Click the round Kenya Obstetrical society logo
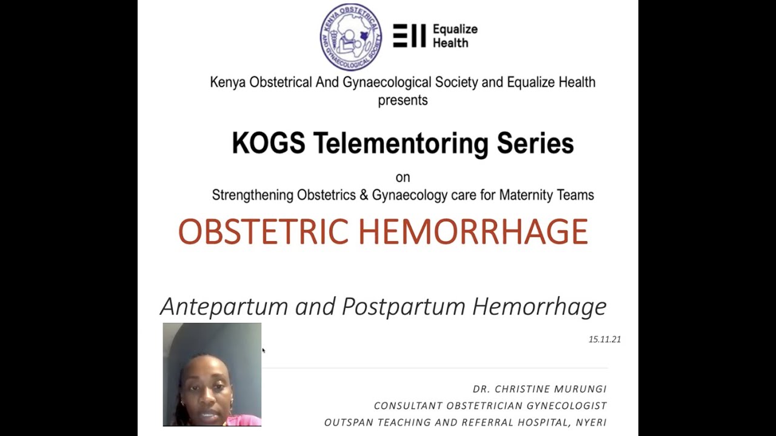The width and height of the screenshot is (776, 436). pyautogui.click(x=351, y=37)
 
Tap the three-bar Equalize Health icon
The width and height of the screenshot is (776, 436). pyautogui.click(x=409, y=36)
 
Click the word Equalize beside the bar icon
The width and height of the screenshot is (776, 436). pyautogui.click(x=455, y=29)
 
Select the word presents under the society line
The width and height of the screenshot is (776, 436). pyautogui.click(x=403, y=101)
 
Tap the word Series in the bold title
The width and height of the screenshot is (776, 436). pyautogui.click(x=535, y=144)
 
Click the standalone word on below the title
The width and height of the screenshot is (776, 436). pyautogui.click(x=403, y=177)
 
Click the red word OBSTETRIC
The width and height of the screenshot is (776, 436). pyautogui.click(x=263, y=232)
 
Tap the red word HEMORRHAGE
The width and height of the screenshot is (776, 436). pyautogui.click(x=473, y=232)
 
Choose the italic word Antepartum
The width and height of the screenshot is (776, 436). pyautogui.click(x=224, y=306)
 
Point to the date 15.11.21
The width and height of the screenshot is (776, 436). pyautogui.click(x=604, y=339)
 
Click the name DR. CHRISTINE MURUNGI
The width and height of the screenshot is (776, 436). pyautogui.click(x=540, y=389)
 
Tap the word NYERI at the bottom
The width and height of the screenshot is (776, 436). pyautogui.click(x=592, y=422)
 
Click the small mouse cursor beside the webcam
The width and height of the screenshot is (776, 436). pyautogui.click(x=264, y=350)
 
